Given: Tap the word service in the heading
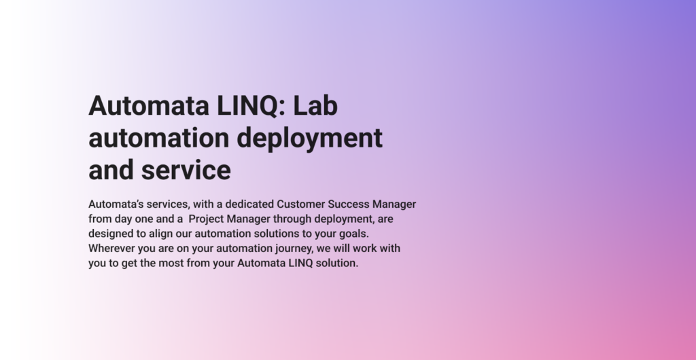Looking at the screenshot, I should [x=186, y=170].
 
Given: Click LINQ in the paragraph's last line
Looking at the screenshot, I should [x=303, y=263].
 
